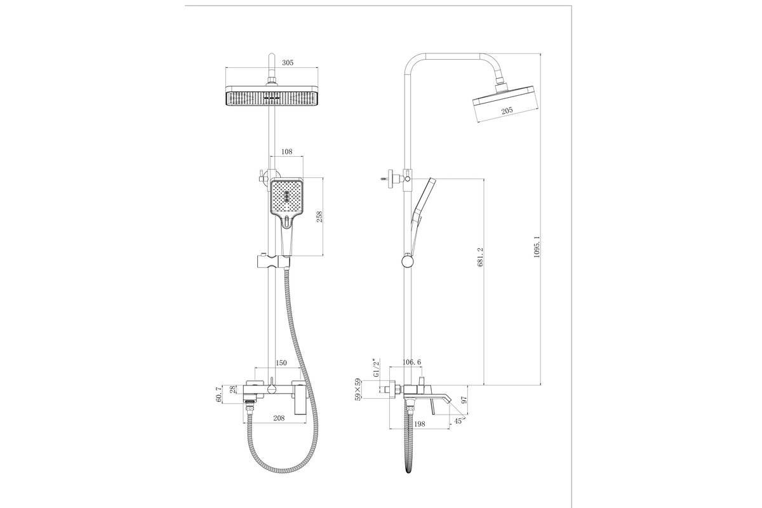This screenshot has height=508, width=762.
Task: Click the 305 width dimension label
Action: point(288,63)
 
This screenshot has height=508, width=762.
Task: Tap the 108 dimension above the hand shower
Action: point(287,152)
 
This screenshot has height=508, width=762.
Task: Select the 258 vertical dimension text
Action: point(319,217)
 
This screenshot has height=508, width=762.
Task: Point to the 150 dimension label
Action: point(281,363)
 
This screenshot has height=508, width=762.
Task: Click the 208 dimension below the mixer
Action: point(279,418)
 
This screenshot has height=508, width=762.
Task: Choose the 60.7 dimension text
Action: point(218,394)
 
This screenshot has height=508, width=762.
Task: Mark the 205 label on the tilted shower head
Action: point(507,110)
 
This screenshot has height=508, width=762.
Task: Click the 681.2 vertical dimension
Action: point(480,257)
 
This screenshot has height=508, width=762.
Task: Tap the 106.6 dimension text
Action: point(411,363)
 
